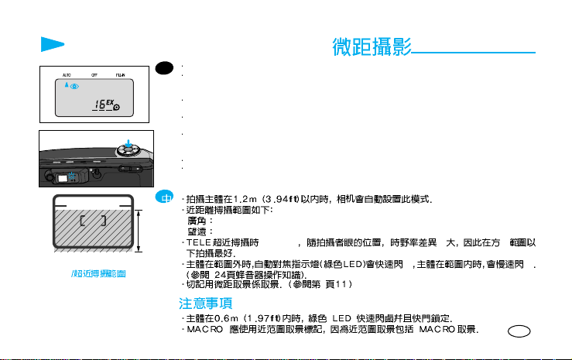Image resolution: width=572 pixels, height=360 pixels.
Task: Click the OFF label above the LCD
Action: (x=94, y=75)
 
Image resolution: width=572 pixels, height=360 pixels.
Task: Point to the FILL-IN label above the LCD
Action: (x=121, y=75)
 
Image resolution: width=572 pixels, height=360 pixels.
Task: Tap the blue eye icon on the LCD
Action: (x=75, y=86)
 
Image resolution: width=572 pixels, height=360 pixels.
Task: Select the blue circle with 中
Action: (x=162, y=197)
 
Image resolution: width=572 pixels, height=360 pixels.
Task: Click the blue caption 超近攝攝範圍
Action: (x=91, y=274)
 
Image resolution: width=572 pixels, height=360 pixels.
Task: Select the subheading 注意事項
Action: (x=204, y=302)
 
